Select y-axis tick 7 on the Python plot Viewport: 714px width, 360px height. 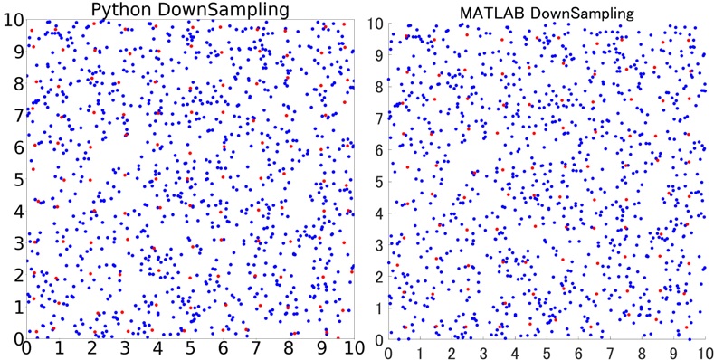pos(7,114)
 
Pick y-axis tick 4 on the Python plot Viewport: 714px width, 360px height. pos(7,210)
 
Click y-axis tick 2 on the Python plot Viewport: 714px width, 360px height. pos(7,273)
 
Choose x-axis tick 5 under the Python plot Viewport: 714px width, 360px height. pos(190,347)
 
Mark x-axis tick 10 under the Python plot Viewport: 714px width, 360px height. pos(351,347)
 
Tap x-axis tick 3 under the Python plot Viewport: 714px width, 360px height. pos(125,347)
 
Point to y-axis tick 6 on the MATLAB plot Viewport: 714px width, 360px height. pos(379,147)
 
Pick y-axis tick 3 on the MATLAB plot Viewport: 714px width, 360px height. pos(379,240)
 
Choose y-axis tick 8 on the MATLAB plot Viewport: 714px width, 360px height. pos(379,85)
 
